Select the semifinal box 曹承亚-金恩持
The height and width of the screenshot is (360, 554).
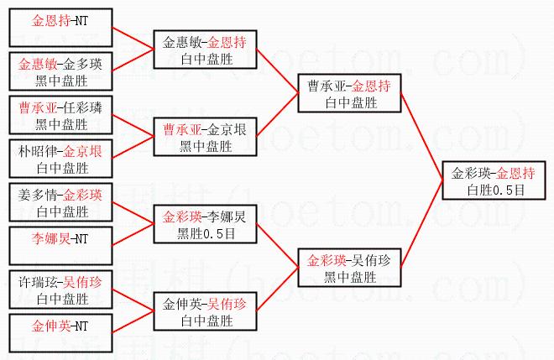[x=348, y=93]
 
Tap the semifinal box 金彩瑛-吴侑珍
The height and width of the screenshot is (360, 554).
[x=348, y=268]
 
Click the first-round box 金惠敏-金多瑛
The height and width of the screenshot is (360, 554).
[x=60, y=70]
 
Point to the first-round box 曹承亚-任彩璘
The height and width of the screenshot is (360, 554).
[x=60, y=116]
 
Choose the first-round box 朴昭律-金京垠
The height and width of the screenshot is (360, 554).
[x=60, y=159]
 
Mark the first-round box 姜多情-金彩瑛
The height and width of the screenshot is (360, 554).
[x=60, y=202]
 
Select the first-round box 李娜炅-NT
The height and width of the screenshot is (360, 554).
[x=60, y=246]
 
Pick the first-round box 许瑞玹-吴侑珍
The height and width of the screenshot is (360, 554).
[x=60, y=290]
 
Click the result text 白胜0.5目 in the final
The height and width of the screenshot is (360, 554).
[x=495, y=190]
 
